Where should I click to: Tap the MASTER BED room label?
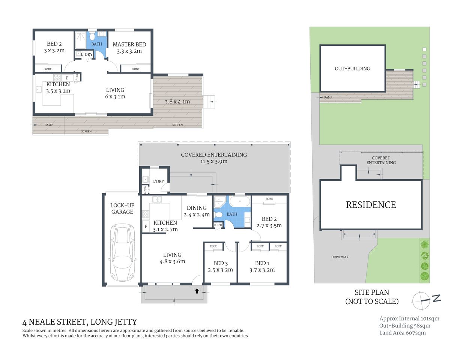[x=129, y=44]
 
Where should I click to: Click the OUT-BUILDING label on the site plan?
[x=352, y=69]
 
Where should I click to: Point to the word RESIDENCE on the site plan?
[x=371, y=205]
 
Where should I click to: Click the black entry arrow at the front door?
[x=197, y=291]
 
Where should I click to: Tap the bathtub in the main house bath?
[x=240, y=201]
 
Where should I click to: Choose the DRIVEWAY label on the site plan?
[x=340, y=257]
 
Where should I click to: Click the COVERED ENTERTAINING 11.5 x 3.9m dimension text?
[x=214, y=162]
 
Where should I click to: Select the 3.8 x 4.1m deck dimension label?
[x=177, y=102]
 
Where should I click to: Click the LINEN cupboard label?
[x=145, y=190]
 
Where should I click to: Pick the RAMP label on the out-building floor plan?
[x=48, y=125]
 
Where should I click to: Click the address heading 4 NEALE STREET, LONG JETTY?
[x=80, y=322]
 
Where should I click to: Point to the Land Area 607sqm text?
[x=402, y=333]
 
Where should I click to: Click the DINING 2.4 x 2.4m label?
[x=197, y=211]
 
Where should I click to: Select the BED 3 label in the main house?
[x=220, y=263]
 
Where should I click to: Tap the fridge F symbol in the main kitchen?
[x=146, y=226]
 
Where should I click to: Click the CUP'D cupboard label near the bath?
[x=218, y=225]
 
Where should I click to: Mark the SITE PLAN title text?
[x=372, y=292]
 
